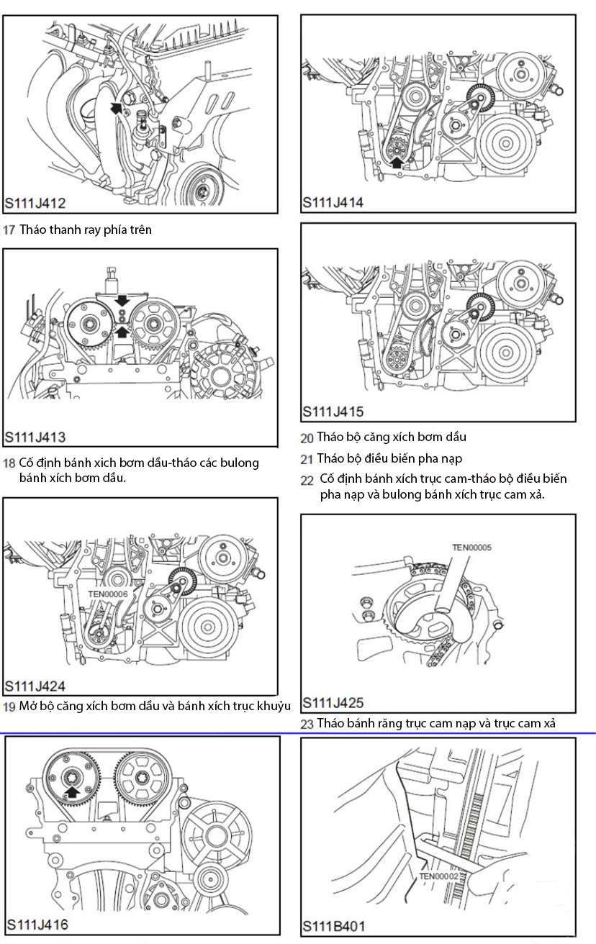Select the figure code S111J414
click(333, 202)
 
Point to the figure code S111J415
click(333, 412)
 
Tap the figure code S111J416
click(37, 924)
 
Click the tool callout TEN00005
click(471, 548)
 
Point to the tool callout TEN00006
click(107, 594)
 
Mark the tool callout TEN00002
click(438, 876)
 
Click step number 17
click(9, 230)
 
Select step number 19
click(9, 706)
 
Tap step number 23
click(307, 724)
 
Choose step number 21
click(307, 458)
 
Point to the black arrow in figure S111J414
click(396, 162)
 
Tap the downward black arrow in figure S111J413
click(122, 299)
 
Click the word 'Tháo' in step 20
click(328, 437)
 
